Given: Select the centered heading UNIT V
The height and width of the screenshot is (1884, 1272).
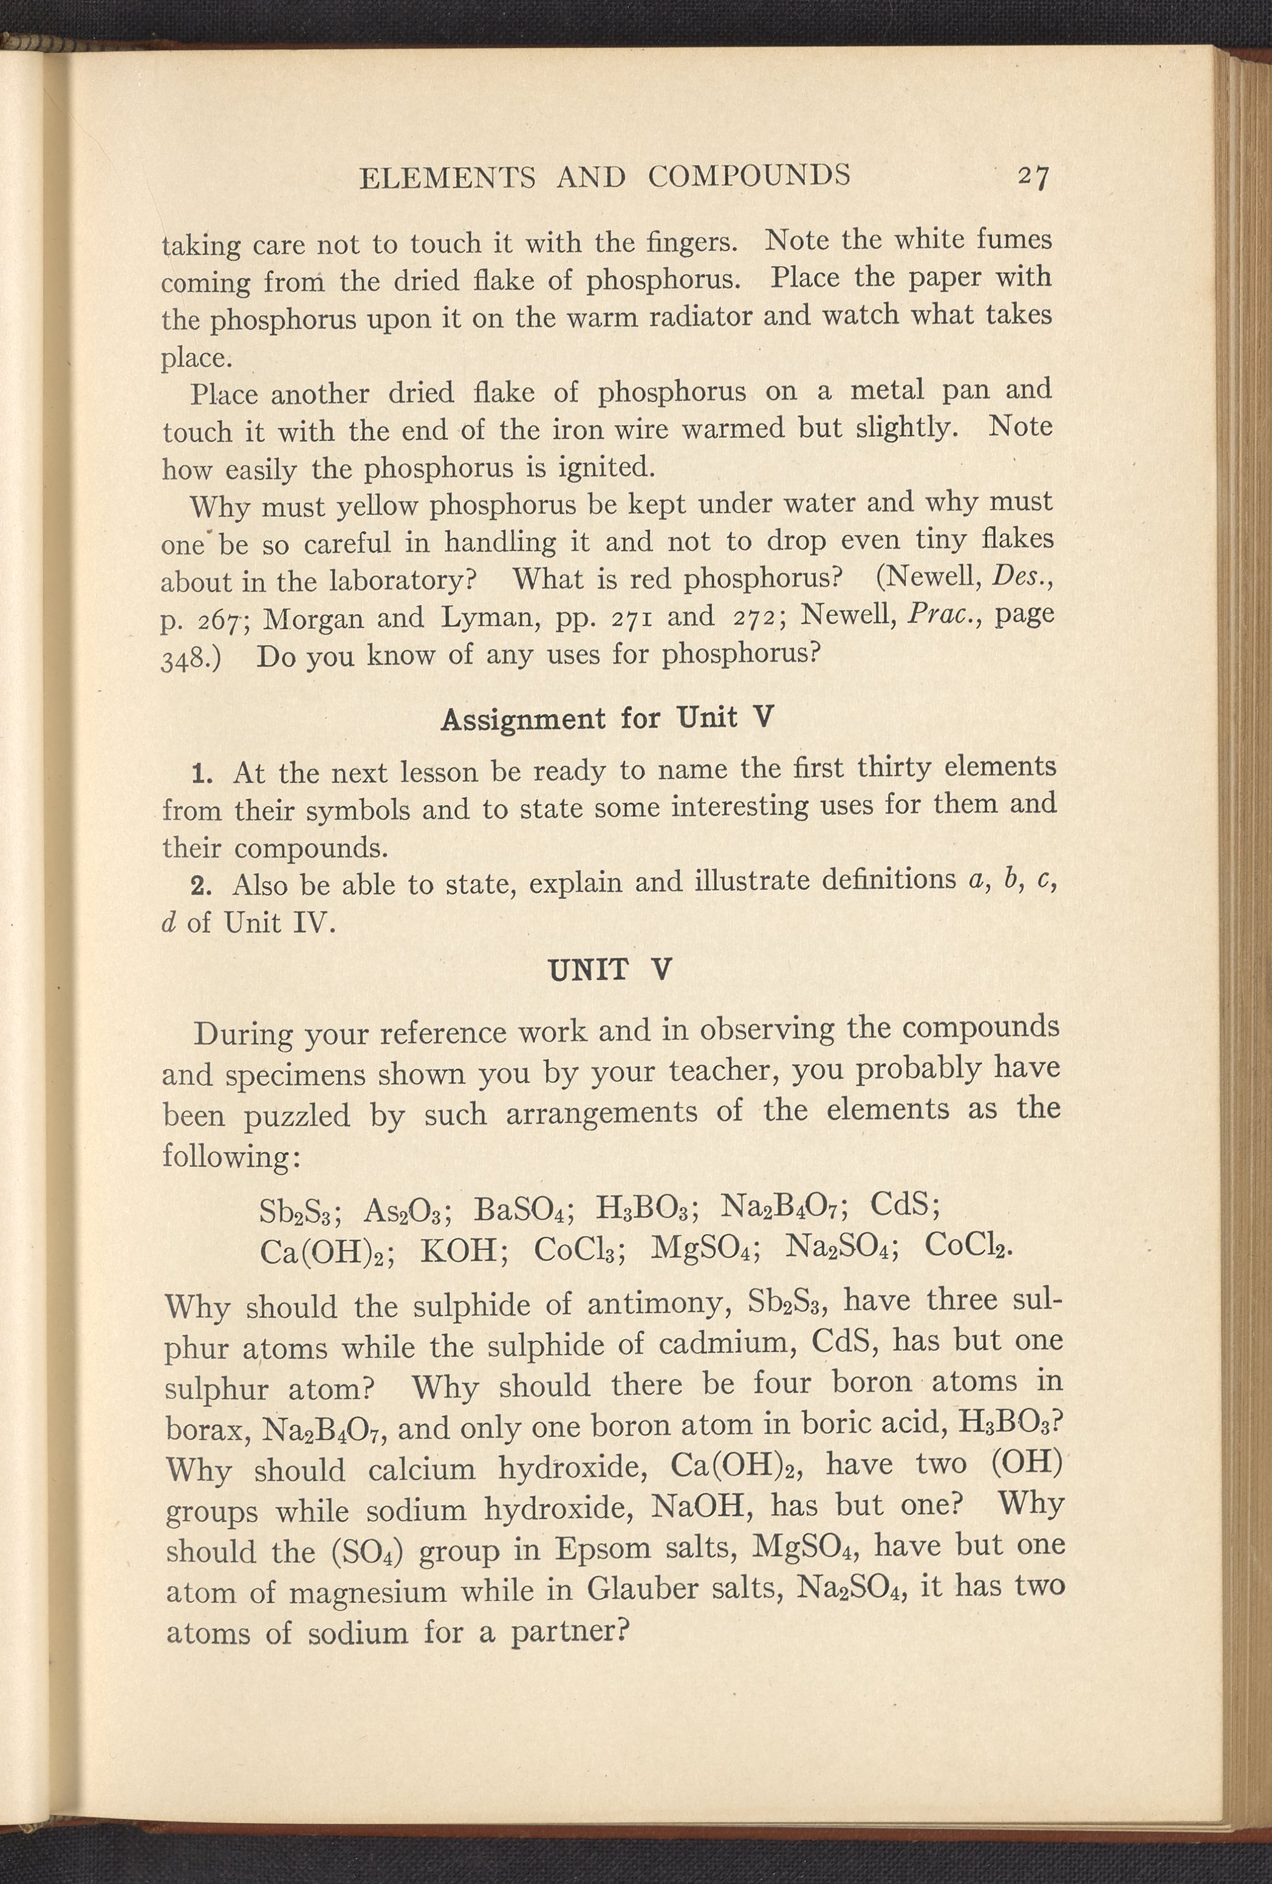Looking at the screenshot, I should pos(610,969).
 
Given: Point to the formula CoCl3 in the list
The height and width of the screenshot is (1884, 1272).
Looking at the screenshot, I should pos(580,1251).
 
